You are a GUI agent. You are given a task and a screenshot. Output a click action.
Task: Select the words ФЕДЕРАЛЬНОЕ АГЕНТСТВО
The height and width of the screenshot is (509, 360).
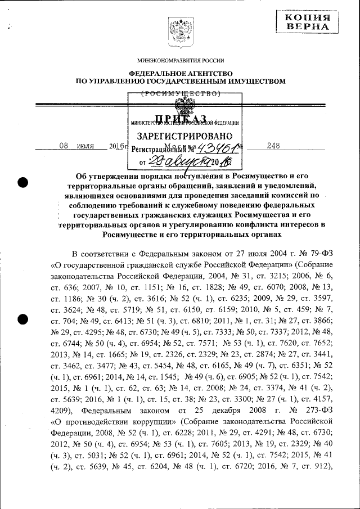tap(181, 73)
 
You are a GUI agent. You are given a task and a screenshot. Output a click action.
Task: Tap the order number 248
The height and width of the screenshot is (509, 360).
tap(273, 146)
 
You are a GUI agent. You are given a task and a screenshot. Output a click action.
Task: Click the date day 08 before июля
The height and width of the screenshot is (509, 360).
tap(64, 146)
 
